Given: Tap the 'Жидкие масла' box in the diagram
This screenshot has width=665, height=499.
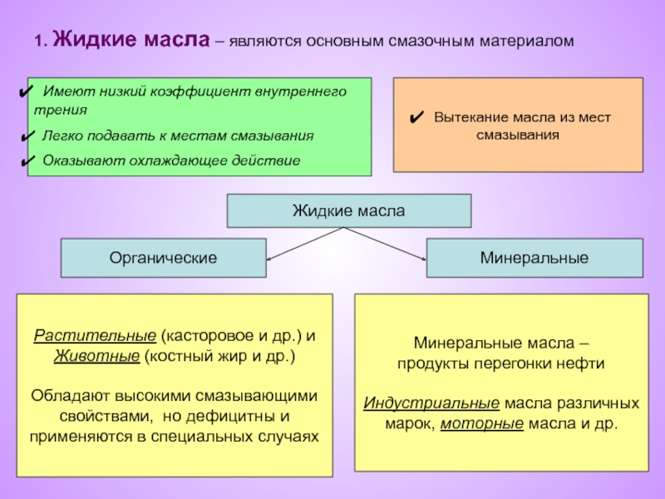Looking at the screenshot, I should (x=348, y=211).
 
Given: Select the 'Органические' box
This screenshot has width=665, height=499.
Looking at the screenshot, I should (x=163, y=258).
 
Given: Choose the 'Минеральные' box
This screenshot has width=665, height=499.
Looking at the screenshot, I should (x=534, y=258).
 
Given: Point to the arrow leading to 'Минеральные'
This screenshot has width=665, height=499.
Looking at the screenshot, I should (x=387, y=244).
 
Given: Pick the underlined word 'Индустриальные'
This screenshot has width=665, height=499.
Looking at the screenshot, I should (x=431, y=403).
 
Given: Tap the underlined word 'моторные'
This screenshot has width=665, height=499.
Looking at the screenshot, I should (x=481, y=422).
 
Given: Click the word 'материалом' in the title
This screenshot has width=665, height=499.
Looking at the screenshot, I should (x=530, y=40).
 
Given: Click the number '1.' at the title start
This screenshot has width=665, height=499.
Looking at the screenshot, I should (x=40, y=40).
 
